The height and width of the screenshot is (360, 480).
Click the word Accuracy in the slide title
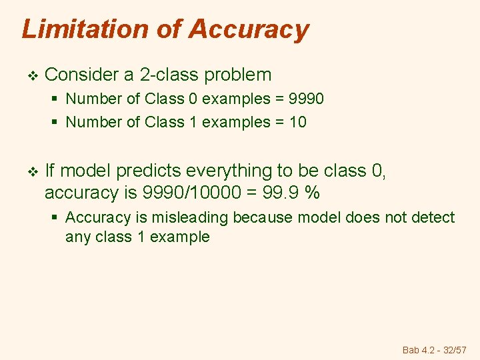[x=248, y=29]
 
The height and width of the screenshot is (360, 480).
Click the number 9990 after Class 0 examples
[x=303, y=99]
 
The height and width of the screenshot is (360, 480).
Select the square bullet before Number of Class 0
[x=55, y=99]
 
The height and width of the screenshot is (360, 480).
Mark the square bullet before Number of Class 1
[x=55, y=122]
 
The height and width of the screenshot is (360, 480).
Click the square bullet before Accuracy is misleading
[x=55, y=218]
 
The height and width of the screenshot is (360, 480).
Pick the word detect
[x=433, y=217]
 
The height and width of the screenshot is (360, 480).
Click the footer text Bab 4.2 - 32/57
[x=435, y=349]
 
